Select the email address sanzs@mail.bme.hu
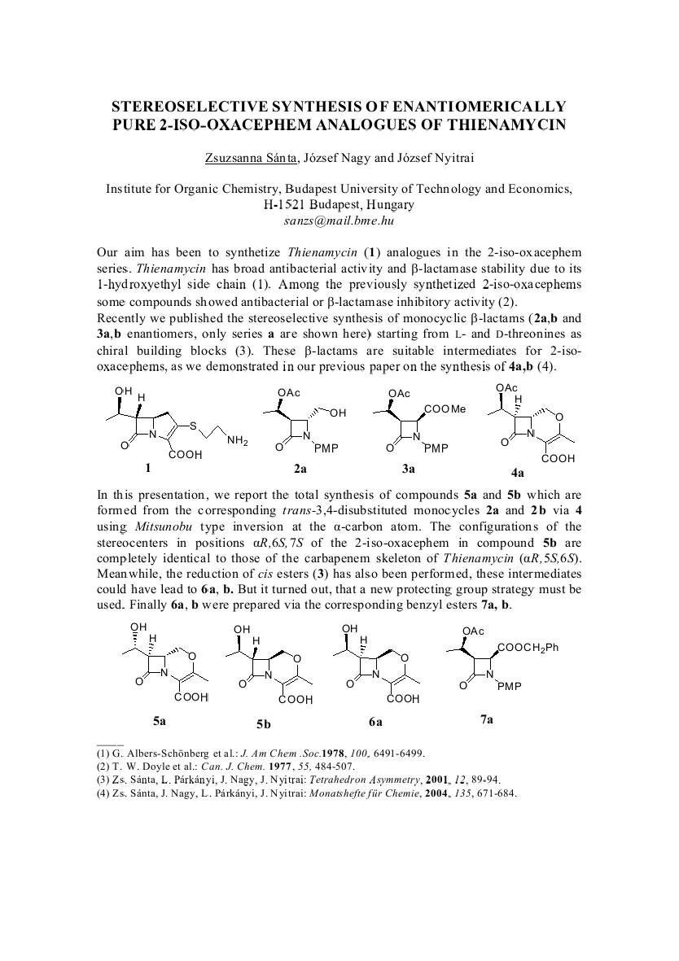click(339, 220)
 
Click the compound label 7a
click(486, 719)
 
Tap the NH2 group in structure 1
click(238, 440)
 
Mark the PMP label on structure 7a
click(509, 686)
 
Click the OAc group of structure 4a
click(506, 388)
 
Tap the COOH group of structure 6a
click(403, 698)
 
